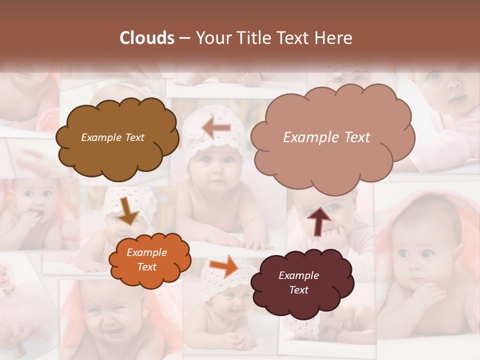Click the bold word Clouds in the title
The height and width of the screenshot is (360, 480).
coord(147,38)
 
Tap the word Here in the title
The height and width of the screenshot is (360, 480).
coord(335,38)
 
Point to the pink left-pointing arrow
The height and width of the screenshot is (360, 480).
coord(216,128)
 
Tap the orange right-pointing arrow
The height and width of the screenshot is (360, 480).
coord(224,265)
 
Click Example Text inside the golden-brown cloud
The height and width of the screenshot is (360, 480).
coord(112,137)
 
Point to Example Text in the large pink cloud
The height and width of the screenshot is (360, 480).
coord(326,137)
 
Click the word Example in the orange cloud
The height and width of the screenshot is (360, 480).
coord(146,252)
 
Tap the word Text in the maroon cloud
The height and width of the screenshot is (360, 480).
coord(298,290)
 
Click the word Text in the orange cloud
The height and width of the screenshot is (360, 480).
coord(146,267)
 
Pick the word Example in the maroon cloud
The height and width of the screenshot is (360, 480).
coord(298,275)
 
